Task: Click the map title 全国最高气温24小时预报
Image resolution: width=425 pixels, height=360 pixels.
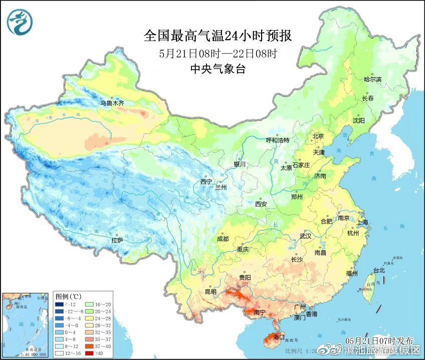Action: [x=218, y=36]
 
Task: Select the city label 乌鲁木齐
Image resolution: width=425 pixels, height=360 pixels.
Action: [x=111, y=103]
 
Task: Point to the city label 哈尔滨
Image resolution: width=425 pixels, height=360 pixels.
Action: [x=372, y=80]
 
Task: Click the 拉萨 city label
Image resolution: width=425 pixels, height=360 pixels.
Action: [x=117, y=241]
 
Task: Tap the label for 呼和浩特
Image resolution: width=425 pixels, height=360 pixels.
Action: [x=278, y=140]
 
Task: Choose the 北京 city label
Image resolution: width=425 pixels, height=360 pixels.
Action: [x=318, y=136]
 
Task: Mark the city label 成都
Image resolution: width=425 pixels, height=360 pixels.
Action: [x=223, y=239]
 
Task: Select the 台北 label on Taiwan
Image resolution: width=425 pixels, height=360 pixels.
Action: [x=379, y=271]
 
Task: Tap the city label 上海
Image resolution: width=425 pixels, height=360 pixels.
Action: [x=362, y=223]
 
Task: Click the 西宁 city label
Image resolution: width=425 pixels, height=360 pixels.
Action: [x=206, y=182]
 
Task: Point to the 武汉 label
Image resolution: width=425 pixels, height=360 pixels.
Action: [x=305, y=236]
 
